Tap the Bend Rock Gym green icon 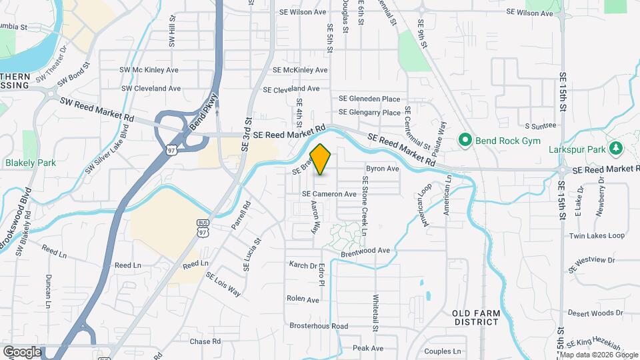[x=465, y=140]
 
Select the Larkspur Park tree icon [x=617, y=147]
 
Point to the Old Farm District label [x=475, y=317]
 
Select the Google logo [x=22, y=351]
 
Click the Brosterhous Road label [x=319, y=326]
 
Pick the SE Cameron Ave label [x=329, y=194]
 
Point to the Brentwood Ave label [x=365, y=250]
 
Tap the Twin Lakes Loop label [x=597, y=236]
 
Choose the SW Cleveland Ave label [x=150, y=88]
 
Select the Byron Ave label [x=382, y=169]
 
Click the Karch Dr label [x=303, y=265]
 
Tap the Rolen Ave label [x=303, y=299]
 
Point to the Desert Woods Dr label [x=595, y=313]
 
